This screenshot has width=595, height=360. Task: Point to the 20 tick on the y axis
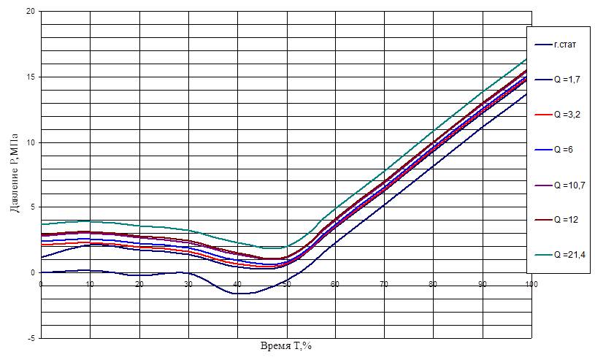31,12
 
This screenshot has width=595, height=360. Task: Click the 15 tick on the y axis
31,77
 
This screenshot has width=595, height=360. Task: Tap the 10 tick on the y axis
31,142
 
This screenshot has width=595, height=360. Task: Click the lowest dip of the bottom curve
239,293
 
